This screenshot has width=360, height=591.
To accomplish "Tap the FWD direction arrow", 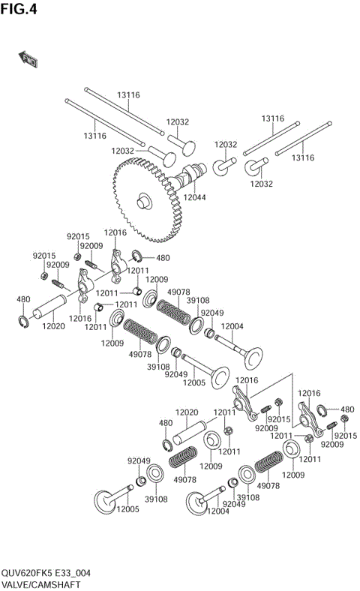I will [x=28, y=59].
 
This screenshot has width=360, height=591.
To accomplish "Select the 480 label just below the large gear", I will [x=163, y=258].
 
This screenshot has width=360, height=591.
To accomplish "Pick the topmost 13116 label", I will [x=127, y=95].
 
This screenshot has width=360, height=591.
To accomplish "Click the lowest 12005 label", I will [x=127, y=509].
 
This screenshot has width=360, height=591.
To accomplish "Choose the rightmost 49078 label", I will [x=268, y=485].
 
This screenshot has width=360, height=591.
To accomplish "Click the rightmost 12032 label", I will [x=262, y=183].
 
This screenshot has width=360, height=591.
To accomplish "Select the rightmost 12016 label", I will [x=310, y=393].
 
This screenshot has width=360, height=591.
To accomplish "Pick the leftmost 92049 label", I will [x=139, y=461].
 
